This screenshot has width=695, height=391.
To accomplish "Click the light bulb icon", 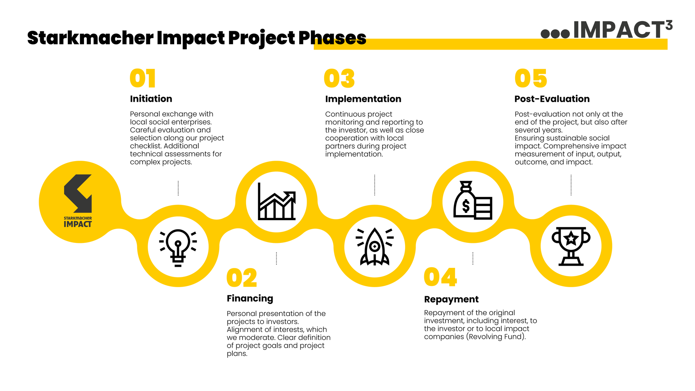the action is tap(178, 248).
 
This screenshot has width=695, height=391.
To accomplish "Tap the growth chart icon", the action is tap(277, 201).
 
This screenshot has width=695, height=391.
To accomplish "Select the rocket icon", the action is tap(375, 247).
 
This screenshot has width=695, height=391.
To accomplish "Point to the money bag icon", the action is tap(473, 200).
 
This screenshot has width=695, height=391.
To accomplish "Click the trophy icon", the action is tap(571, 246).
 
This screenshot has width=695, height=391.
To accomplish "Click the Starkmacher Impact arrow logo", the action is tap(78, 194).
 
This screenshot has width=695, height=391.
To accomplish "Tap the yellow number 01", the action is tap(143, 78).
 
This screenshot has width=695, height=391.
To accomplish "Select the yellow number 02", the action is tap(242, 278).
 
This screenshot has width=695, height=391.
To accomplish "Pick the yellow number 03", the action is tap(339, 78).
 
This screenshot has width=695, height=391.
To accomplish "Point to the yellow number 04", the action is tap(440, 277).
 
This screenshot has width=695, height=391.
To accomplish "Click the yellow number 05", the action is tap(531, 78).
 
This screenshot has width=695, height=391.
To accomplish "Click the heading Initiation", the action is tap(151, 99).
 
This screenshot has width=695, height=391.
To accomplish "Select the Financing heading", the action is tap(250, 299).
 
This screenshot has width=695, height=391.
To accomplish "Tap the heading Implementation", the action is tap(363, 99).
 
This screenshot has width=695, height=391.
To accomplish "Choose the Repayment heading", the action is tap(451, 299).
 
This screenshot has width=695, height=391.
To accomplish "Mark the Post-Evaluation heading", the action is tap(552, 99).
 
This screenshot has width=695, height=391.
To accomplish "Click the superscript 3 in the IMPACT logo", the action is tap(669, 25).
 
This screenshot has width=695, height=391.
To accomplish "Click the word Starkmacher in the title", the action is tap(90, 38).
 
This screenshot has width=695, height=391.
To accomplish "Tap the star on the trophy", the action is tap(571, 238).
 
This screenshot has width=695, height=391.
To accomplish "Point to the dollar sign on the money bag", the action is tap(466, 206).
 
